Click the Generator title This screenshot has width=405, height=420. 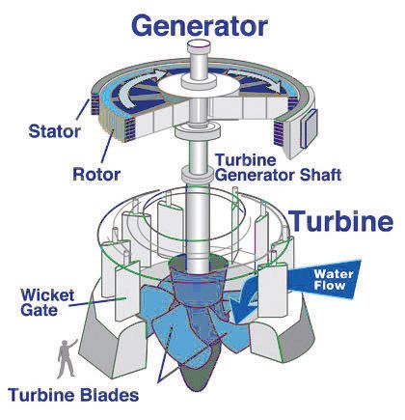click(200, 26)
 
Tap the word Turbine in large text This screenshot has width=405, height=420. click(341, 221)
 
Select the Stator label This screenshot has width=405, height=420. click(54, 131)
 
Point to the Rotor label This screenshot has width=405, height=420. click(96, 174)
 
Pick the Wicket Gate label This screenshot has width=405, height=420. click(47, 302)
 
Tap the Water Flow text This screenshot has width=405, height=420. click(330, 279)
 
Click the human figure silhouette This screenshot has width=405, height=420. click(67, 358)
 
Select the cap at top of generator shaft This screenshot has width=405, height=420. click(199, 46)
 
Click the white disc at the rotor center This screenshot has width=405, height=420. click(199, 84)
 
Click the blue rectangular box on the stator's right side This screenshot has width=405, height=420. click(308, 127)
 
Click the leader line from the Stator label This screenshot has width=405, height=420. click(83, 110)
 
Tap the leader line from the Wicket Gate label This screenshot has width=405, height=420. click(97, 301)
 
